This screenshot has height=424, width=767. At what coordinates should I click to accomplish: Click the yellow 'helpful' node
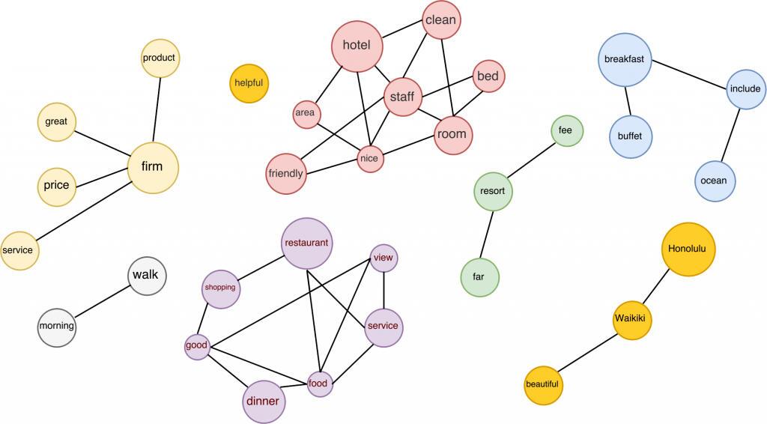[249, 83]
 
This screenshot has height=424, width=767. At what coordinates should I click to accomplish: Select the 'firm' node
[153, 166]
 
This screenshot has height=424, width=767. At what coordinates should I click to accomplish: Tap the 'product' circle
[160, 58]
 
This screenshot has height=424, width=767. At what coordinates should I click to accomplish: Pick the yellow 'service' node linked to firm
[19, 250]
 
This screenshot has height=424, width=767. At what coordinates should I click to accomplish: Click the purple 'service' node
[383, 327]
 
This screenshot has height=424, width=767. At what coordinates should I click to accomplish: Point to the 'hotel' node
[357, 45]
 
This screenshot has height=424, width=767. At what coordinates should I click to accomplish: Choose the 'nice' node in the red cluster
[370, 158]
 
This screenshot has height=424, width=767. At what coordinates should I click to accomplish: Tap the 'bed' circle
[488, 76]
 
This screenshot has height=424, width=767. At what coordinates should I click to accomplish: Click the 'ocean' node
[714, 181]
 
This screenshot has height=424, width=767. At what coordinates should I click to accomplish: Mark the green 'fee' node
[566, 130]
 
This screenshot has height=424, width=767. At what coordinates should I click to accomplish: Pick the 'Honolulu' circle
[688, 249]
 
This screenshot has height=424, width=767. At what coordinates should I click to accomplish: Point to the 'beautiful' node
[542, 384]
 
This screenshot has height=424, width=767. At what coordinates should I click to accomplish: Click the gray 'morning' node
[57, 326]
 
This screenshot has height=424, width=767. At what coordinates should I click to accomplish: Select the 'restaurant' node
[307, 243]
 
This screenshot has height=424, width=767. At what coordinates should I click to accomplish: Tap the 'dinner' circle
[263, 402]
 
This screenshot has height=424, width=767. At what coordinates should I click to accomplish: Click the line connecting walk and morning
[103, 300]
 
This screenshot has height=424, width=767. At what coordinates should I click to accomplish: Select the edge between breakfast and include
[691, 75]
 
